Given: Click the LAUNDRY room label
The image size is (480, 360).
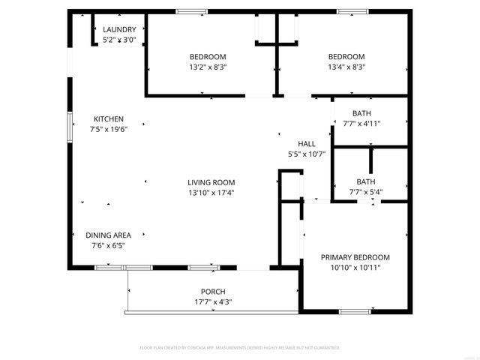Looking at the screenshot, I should tap(119, 30).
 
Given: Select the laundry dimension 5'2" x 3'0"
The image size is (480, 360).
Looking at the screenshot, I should tap(119, 40).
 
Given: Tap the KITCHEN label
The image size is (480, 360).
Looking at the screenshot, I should tap(109, 119).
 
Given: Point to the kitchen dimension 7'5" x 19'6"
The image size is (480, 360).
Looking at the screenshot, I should tap(109, 130).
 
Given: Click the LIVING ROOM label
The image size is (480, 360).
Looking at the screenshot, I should tap(211, 182).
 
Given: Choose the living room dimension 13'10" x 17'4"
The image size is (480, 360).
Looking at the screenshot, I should tap(211, 193).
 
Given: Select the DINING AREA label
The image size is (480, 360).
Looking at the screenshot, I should tap(108, 235).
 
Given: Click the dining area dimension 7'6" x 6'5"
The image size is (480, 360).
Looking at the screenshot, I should tap(108, 245).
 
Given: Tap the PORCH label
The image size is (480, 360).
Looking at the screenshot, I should tap(213, 292).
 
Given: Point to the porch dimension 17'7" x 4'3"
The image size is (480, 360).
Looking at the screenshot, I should tap(213, 302).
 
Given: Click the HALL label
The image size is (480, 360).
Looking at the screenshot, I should tap(307, 143).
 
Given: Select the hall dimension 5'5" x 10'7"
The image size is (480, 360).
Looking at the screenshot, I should tap(307, 154).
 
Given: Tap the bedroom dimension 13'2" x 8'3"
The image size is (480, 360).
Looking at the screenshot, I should tap(208, 67).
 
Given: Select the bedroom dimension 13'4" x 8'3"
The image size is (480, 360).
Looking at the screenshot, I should tap(346, 67).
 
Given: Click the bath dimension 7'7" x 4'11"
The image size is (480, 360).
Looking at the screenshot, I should tap(362, 124).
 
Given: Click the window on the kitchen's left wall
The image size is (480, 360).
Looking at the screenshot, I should tap(70, 123).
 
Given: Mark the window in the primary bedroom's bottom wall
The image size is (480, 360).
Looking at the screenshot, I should tap(355, 310).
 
